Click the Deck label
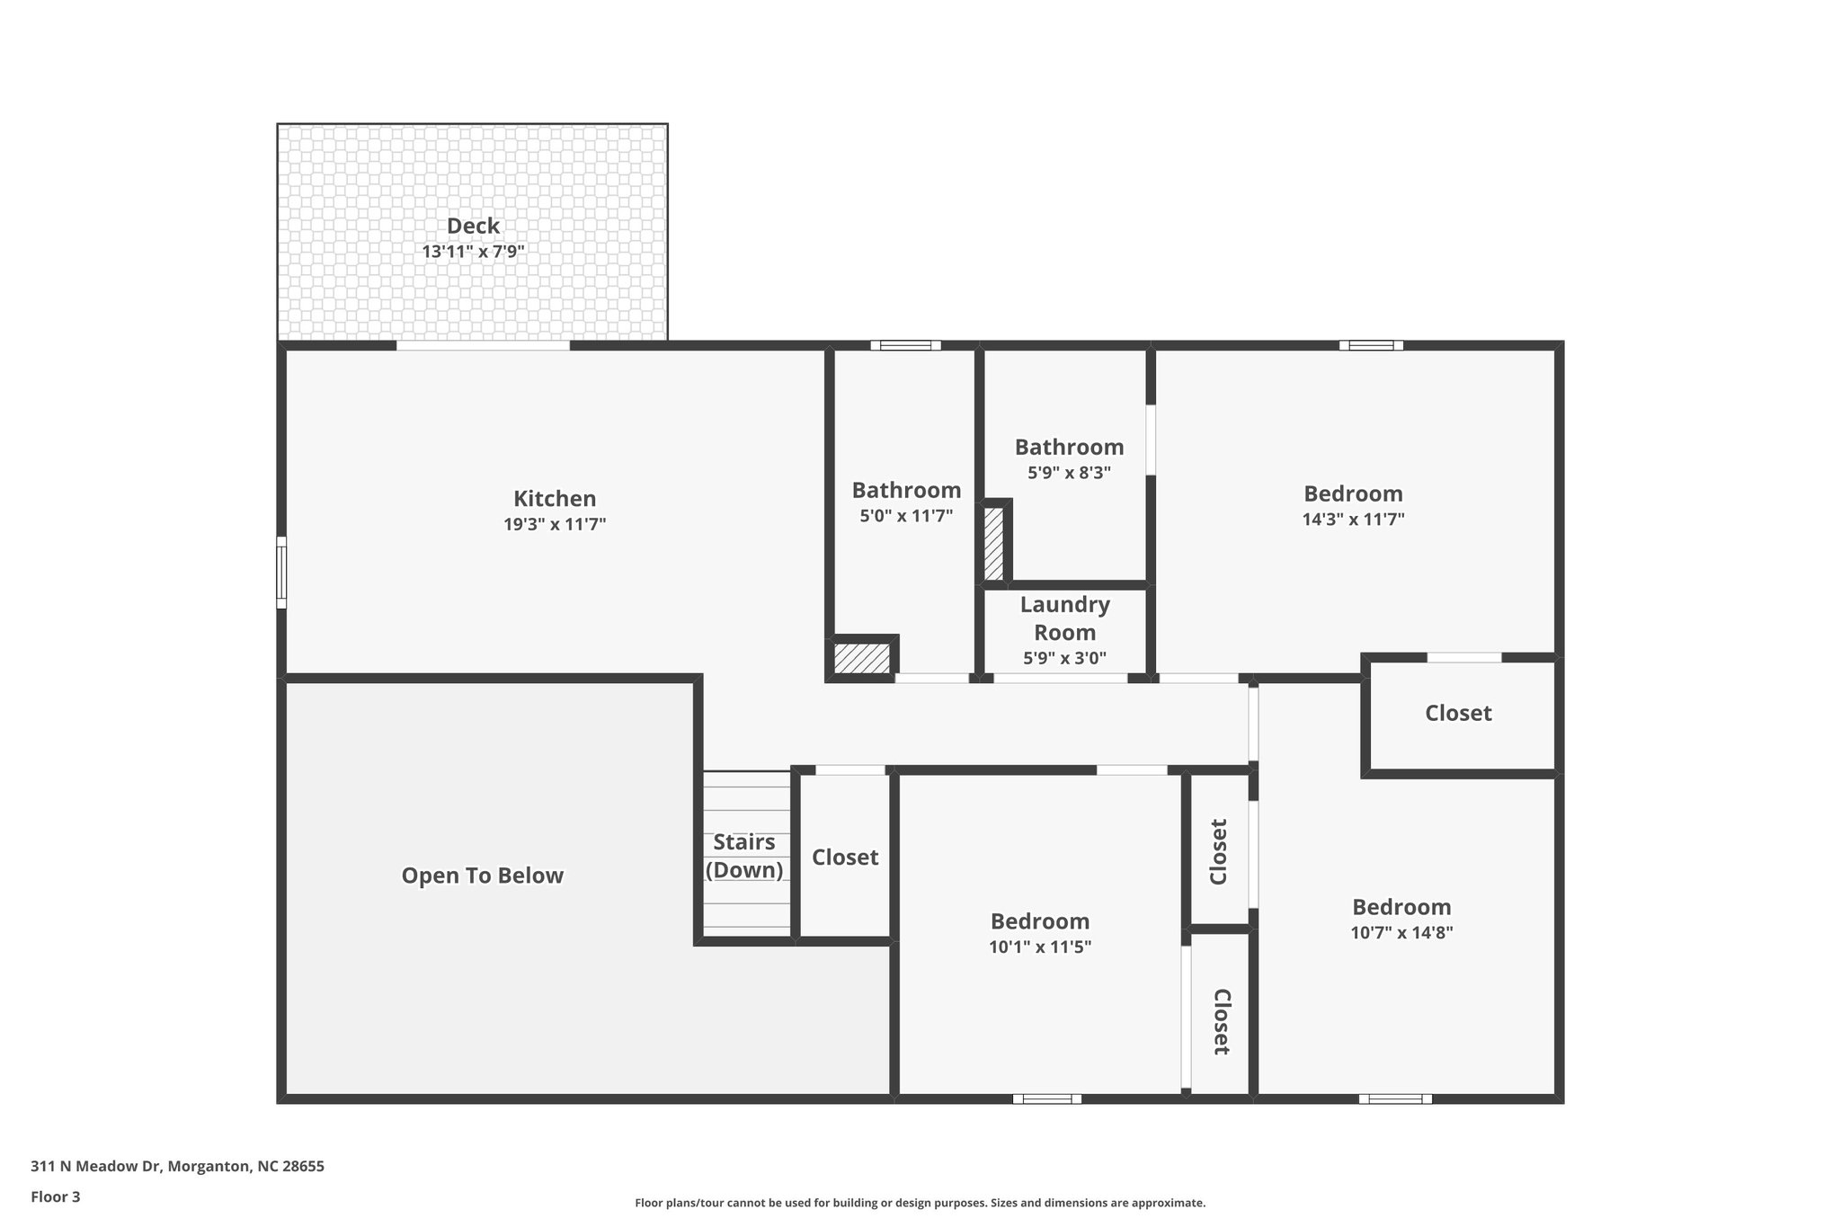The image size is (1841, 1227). click(x=473, y=227)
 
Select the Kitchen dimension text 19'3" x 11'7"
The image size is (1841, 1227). click(x=555, y=525)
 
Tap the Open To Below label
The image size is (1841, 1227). click(x=482, y=876)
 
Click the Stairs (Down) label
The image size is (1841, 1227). click(x=744, y=856)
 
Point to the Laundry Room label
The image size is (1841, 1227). click(x=1064, y=618)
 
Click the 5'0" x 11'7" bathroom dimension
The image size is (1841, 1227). click(x=906, y=516)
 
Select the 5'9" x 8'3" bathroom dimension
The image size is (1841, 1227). click(x=1069, y=473)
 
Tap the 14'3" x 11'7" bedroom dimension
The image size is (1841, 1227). click(x=1353, y=520)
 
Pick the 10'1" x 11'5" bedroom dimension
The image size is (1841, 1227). click(x=1040, y=947)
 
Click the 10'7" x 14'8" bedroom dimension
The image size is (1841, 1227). click(x=1401, y=932)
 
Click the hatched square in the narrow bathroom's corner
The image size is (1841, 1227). click(x=862, y=657)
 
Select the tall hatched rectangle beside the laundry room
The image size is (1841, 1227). click(x=993, y=544)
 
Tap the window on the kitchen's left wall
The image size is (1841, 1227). click(x=281, y=573)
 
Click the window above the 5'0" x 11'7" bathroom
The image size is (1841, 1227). click(x=905, y=345)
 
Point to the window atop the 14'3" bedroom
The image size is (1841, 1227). click(x=1371, y=345)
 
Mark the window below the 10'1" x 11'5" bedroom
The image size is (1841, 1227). click(x=1046, y=1098)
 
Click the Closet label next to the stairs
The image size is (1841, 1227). click(x=845, y=858)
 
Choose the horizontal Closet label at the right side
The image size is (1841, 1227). click(x=1458, y=714)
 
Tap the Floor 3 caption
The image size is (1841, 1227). click(x=56, y=1196)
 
